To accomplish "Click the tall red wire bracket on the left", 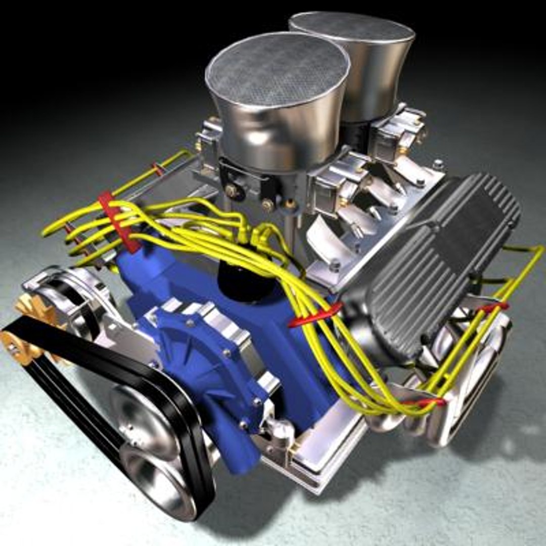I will pos(119,222).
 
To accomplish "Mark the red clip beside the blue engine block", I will pos(313,316).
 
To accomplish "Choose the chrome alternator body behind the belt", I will pos(76,298).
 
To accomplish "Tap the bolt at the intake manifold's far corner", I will pos(438,165).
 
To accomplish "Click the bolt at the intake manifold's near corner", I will pos(334,265).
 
